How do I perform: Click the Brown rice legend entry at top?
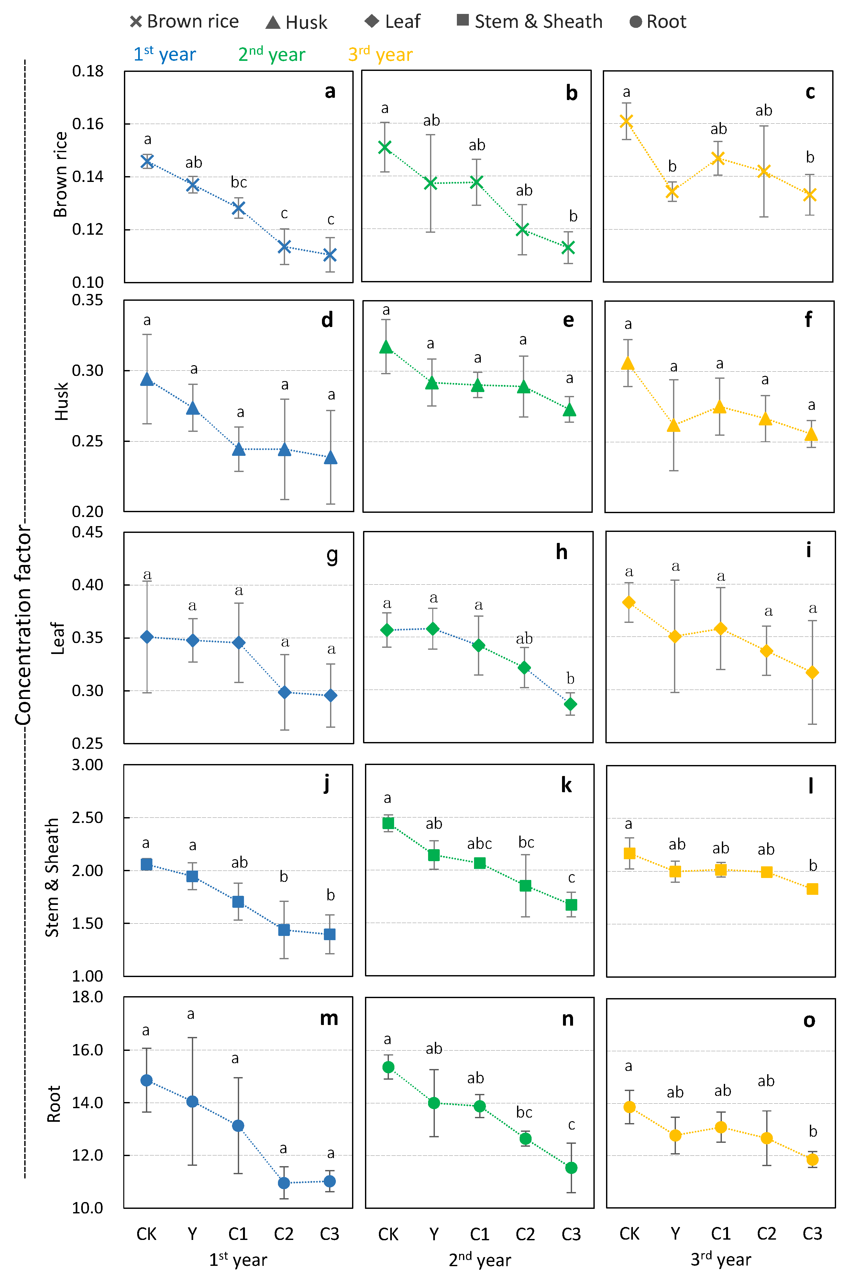click(x=184, y=22)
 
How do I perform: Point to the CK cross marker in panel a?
click(x=147, y=161)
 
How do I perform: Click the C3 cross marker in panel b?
click(x=568, y=248)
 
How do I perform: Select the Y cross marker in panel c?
click(x=672, y=191)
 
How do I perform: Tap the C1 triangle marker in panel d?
click(x=238, y=449)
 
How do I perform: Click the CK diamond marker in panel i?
click(x=629, y=602)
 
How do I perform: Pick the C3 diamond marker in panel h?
click(x=570, y=704)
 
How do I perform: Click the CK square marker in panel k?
click(x=388, y=823)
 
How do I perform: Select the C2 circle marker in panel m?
click(x=283, y=1183)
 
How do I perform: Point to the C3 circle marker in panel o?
click(x=812, y=1159)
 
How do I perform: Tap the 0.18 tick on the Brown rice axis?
click(x=87, y=71)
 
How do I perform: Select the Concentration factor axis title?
click(x=23, y=624)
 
